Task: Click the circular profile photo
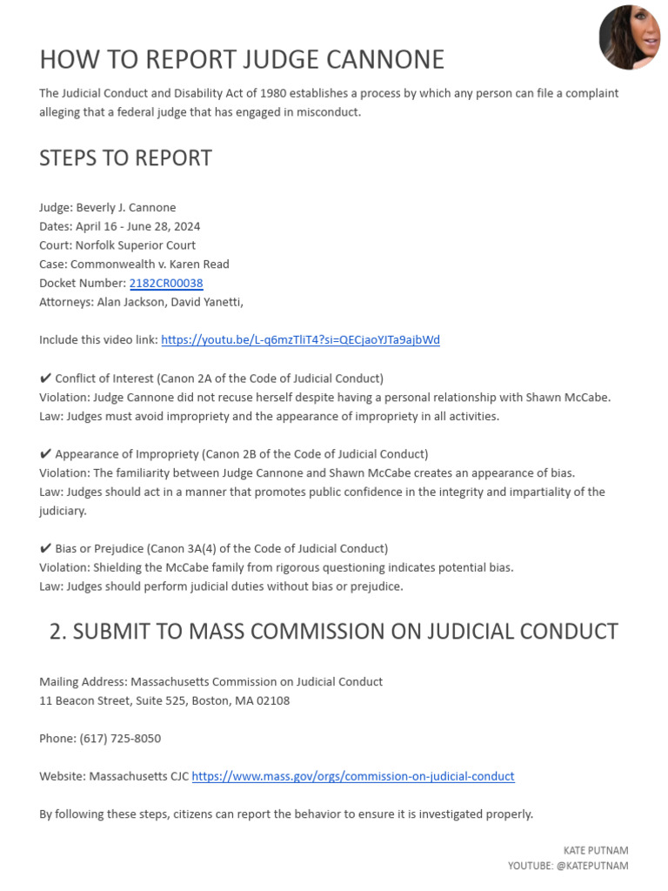pyautogui.click(x=629, y=38)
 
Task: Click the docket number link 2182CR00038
pyautogui.click(x=166, y=283)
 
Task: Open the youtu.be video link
pyautogui.click(x=300, y=339)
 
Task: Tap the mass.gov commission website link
pyautogui.click(x=353, y=776)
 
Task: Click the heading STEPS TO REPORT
pyautogui.click(x=125, y=158)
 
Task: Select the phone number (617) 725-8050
pyautogui.click(x=120, y=738)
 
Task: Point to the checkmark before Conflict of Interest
pyautogui.click(x=45, y=379)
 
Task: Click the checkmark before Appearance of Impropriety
pyautogui.click(x=45, y=454)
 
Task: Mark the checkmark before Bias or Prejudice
pyautogui.click(x=45, y=548)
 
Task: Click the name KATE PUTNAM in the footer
pyautogui.click(x=596, y=850)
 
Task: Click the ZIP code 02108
pyautogui.click(x=272, y=700)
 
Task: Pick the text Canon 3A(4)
pyautogui.click(x=184, y=548)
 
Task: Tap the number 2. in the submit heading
pyautogui.click(x=58, y=632)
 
